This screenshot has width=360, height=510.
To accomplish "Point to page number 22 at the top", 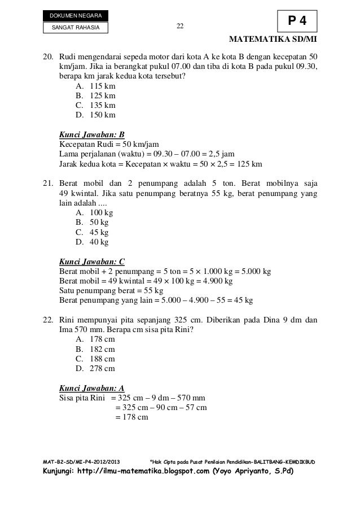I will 180,25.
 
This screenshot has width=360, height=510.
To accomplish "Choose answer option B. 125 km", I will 95,95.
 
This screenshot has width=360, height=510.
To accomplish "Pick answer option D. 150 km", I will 95,115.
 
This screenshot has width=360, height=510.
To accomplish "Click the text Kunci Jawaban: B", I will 92,134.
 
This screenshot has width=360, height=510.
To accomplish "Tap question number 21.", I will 49,184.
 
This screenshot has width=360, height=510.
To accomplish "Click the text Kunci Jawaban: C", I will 92,261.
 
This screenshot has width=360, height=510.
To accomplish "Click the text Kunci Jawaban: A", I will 92,388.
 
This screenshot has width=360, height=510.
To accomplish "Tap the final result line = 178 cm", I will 131,417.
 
